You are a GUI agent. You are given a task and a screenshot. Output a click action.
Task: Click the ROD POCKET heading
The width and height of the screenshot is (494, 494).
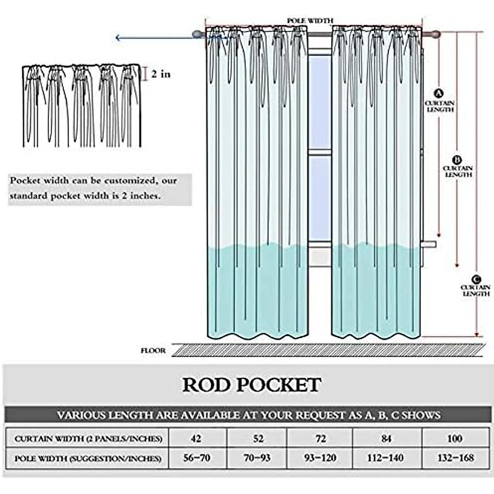[252, 384]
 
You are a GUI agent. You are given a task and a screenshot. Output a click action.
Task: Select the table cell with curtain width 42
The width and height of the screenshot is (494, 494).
[196, 438]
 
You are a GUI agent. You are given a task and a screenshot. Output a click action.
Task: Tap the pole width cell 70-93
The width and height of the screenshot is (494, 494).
[258, 457]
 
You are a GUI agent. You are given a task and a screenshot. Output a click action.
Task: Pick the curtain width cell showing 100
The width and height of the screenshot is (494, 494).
[454, 438]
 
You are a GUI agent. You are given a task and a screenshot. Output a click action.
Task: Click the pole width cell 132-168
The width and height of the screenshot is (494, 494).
[454, 457]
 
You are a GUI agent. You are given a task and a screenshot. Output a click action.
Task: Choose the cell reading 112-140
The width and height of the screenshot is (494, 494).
[386, 457]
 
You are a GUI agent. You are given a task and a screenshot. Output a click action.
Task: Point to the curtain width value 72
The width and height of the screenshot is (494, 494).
[320, 438]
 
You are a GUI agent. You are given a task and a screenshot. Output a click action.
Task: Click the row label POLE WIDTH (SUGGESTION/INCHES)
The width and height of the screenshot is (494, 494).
[88, 458]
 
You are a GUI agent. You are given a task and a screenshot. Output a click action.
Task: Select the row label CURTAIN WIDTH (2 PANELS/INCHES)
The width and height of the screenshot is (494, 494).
[88, 439]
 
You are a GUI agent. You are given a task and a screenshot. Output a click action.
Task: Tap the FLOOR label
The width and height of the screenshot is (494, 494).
[153, 351]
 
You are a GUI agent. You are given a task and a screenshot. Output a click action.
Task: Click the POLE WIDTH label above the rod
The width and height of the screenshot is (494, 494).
[310, 20]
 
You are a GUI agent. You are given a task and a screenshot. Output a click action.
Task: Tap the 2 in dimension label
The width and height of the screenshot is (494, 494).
[161, 75]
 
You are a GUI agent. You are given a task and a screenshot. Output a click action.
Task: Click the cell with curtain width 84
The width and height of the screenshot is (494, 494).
[386, 438]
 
